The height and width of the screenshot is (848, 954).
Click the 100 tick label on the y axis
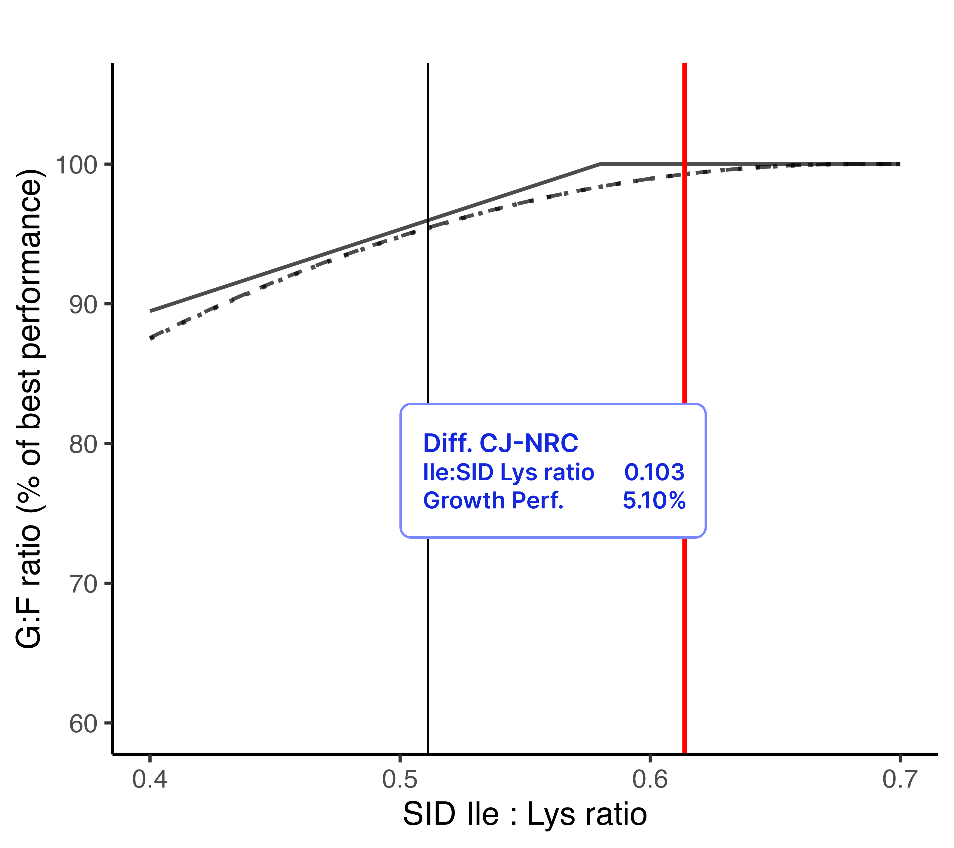(76, 165)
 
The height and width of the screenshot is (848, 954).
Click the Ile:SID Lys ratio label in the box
(508, 472)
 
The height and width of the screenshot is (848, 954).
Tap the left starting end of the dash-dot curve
(151, 338)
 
